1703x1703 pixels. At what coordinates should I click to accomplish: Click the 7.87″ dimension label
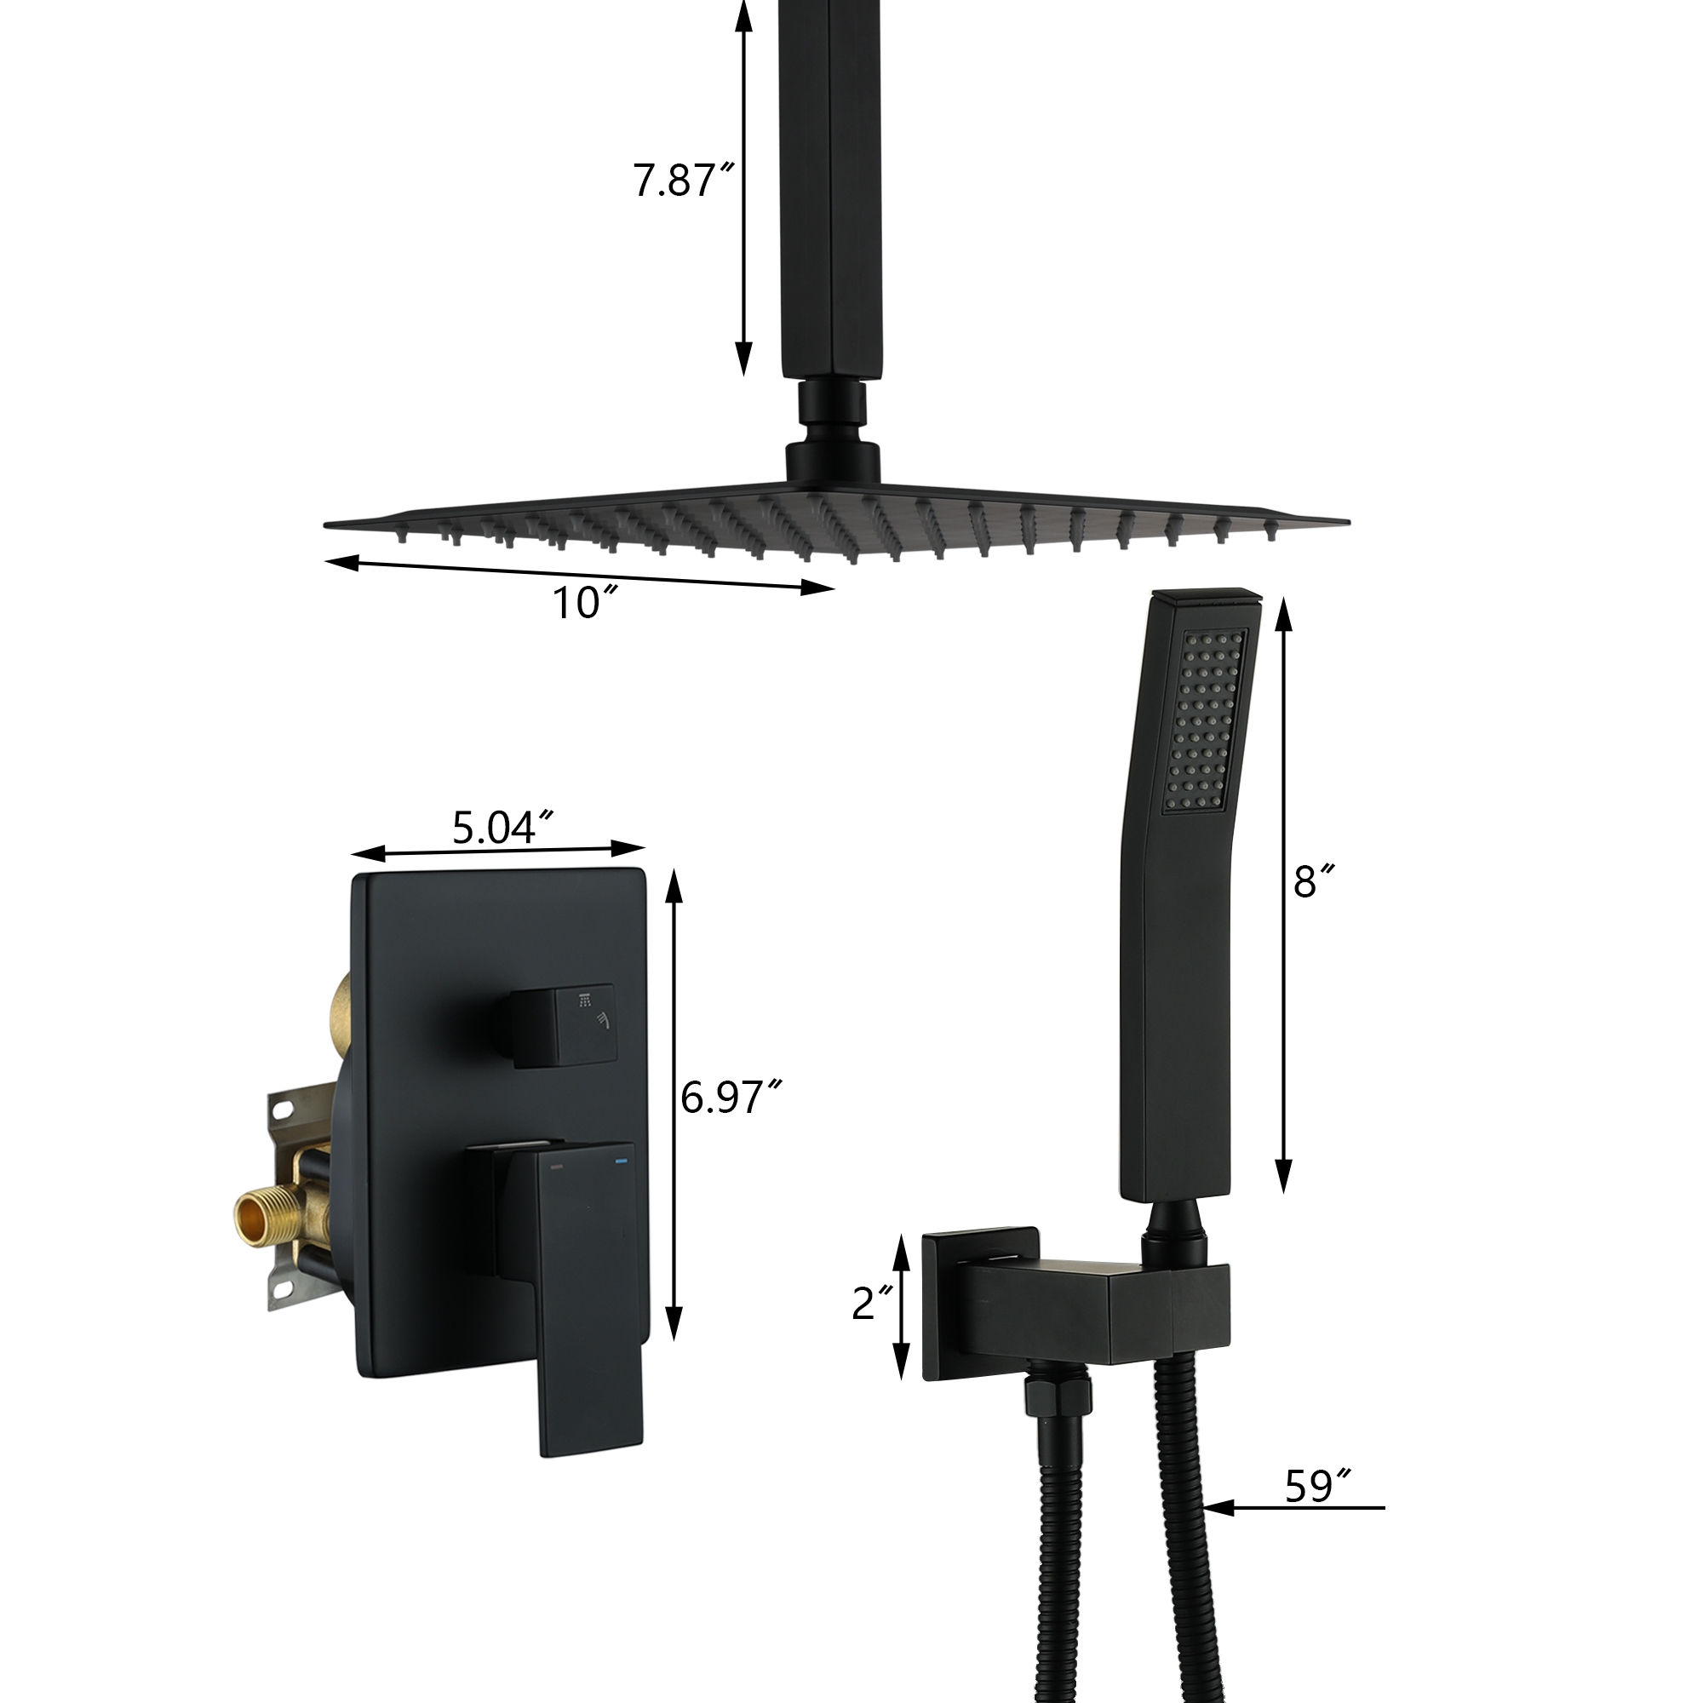tap(683, 181)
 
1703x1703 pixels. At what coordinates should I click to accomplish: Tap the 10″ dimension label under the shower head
tap(582, 604)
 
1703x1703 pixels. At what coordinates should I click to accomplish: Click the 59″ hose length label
tap(1320, 1486)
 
